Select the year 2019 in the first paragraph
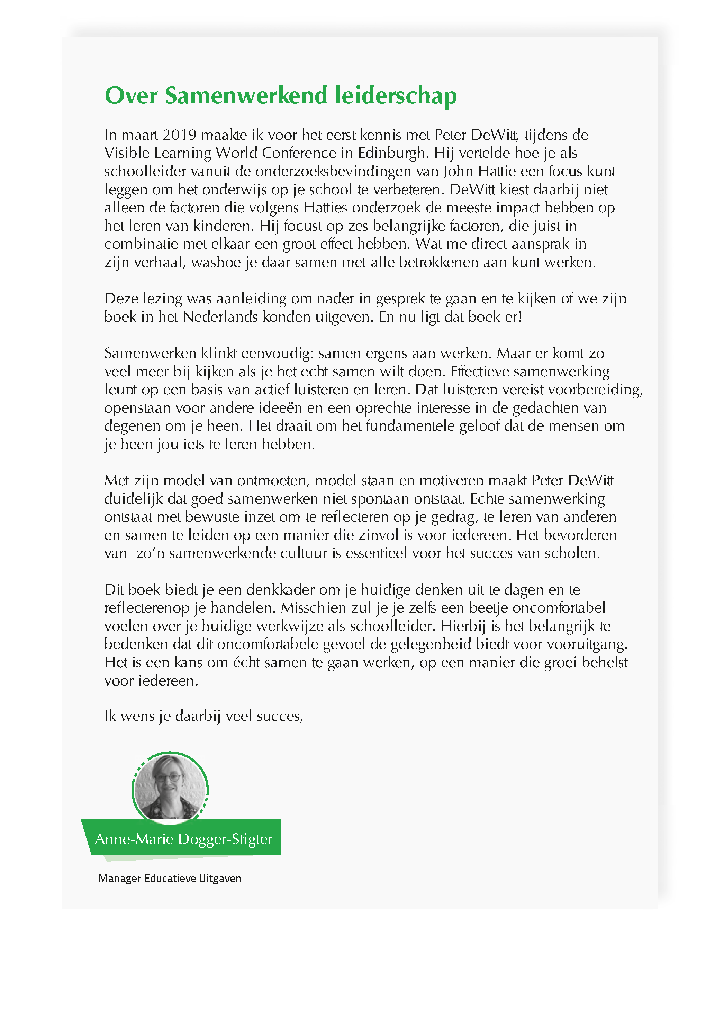pyautogui.click(x=179, y=135)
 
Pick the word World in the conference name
pyautogui.click(x=237, y=153)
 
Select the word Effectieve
pyautogui.click(x=479, y=371)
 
